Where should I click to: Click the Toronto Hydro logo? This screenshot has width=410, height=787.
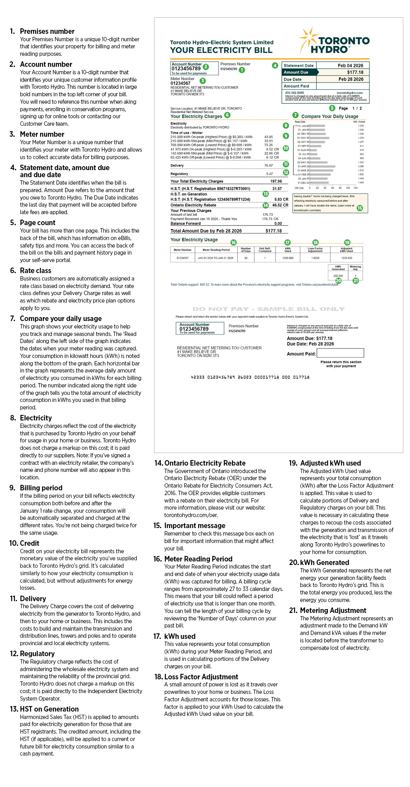point(335,41)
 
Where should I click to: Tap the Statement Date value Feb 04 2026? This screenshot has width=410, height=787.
point(350,66)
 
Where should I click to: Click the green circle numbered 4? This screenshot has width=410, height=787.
point(275,65)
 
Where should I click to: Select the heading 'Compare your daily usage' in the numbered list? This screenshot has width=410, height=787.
point(61,319)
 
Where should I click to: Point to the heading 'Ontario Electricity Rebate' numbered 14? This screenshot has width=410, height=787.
point(205,463)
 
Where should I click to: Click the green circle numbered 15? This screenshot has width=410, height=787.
point(360,208)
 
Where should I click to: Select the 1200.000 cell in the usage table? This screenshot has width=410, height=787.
point(288,258)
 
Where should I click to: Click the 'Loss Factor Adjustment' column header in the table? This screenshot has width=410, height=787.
point(315,249)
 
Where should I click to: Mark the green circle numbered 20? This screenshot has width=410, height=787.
point(338,281)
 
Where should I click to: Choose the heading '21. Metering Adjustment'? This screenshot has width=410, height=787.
point(333,611)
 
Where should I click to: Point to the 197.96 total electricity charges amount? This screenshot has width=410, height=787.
point(276,182)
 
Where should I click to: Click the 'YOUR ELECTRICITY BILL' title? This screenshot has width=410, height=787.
point(221,50)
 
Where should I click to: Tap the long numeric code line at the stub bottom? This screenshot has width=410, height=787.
point(250,377)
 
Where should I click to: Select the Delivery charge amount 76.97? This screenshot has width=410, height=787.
point(268,166)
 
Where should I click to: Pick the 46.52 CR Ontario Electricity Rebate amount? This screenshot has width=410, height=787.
point(280,205)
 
